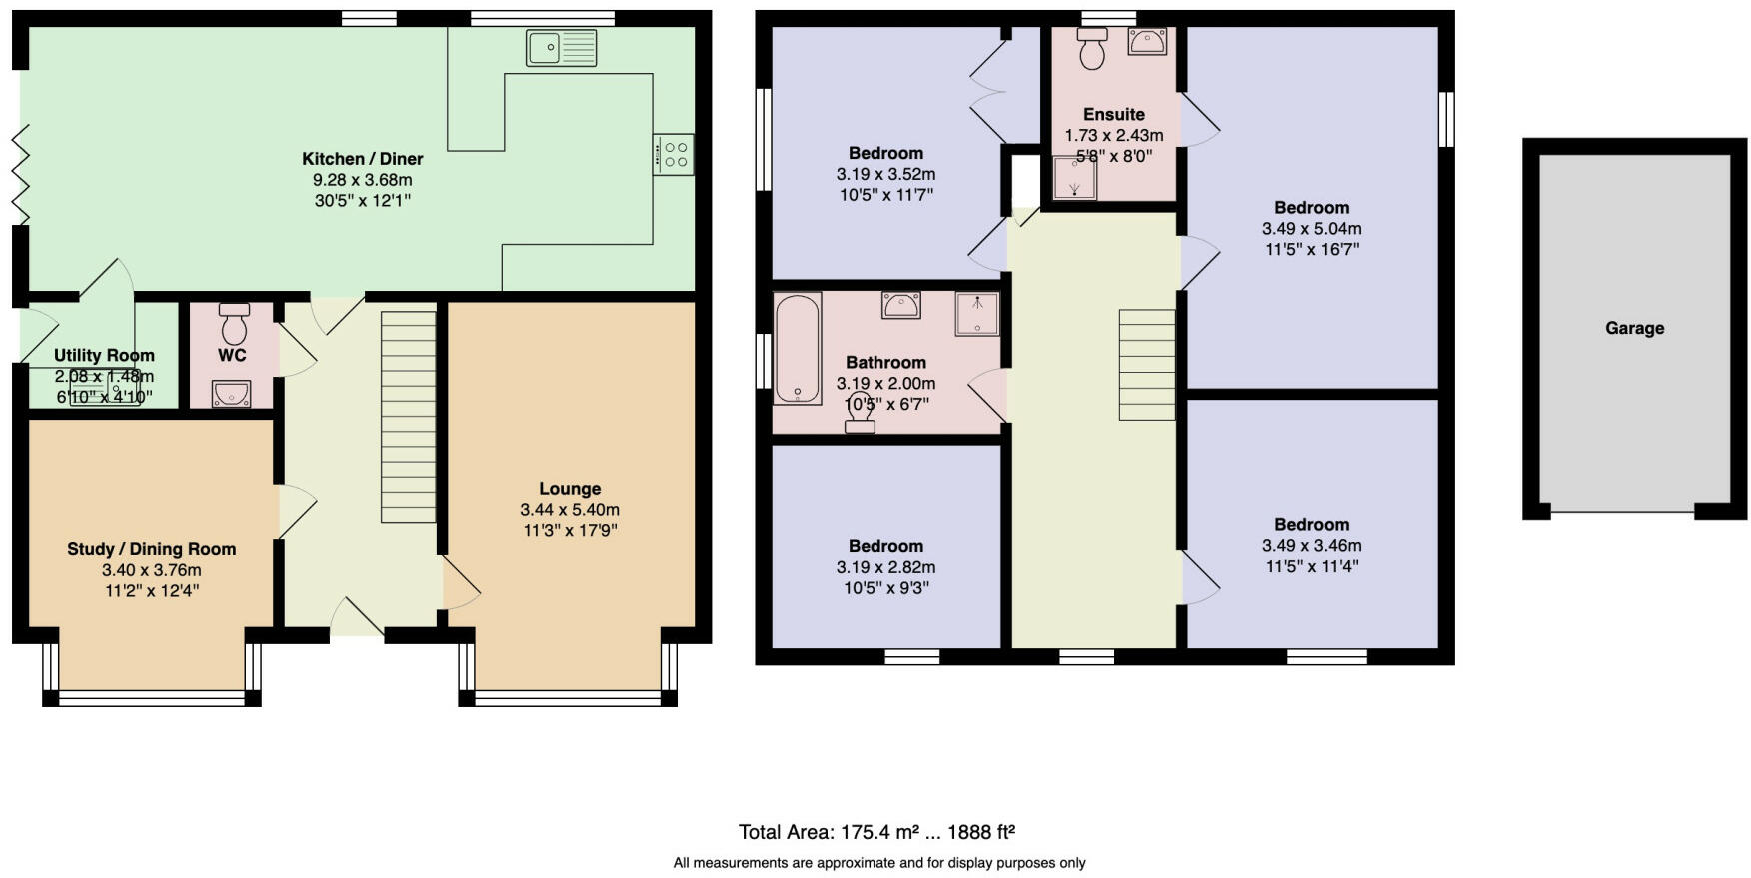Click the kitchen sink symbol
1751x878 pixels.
click(x=561, y=48)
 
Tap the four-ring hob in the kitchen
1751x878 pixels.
click(x=674, y=154)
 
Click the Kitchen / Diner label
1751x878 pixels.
click(x=362, y=159)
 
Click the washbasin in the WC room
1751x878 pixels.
click(x=231, y=394)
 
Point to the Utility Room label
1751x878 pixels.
click(x=104, y=355)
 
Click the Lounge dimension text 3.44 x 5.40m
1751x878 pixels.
click(x=570, y=510)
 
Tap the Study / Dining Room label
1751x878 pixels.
click(x=151, y=549)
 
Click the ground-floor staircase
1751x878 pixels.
click(x=409, y=416)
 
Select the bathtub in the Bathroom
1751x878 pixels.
click(x=797, y=348)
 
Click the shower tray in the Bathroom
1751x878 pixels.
click(x=976, y=313)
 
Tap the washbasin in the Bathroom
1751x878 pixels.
click(x=900, y=305)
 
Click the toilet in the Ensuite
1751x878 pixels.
click(x=1092, y=47)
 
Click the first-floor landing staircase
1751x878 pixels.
click(x=1146, y=364)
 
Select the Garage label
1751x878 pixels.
click(x=1634, y=328)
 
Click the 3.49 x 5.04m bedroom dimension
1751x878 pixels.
click(x=1311, y=229)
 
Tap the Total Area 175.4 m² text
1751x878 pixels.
click(x=876, y=832)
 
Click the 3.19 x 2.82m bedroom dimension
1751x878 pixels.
click(x=885, y=567)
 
